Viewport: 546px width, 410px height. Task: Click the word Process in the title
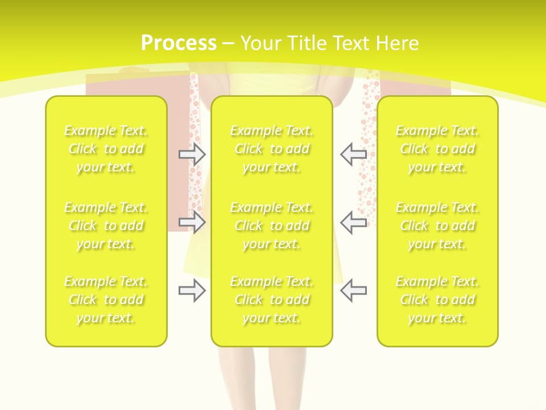click(x=179, y=43)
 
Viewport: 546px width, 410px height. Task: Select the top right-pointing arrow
click(x=192, y=154)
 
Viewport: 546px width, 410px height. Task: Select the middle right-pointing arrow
click(x=192, y=222)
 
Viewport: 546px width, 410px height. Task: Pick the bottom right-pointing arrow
click(x=192, y=290)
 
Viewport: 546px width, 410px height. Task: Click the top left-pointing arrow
click(x=353, y=154)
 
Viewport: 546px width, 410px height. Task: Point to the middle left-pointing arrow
click(x=353, y=222)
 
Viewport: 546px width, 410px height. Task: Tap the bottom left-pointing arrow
click(x=353, y=290)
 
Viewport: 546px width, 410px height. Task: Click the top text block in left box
click(x=106, y=149)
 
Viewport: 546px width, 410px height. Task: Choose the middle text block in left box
click(x=106, y=225)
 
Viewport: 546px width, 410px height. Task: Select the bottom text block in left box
click(x=106, y=300)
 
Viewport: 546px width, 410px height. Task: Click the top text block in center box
click(x=271, y=149)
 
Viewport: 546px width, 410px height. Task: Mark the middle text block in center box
click(x=271, y=225)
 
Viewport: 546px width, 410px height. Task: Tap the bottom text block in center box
click(x=271, y=300)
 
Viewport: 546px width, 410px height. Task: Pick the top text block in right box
click(x=437, y=149)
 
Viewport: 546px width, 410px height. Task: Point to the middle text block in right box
click(x=437, y=225)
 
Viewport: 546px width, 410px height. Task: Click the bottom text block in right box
click(x=437, y=300)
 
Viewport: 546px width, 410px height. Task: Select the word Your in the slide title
click(x=262, y=43)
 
